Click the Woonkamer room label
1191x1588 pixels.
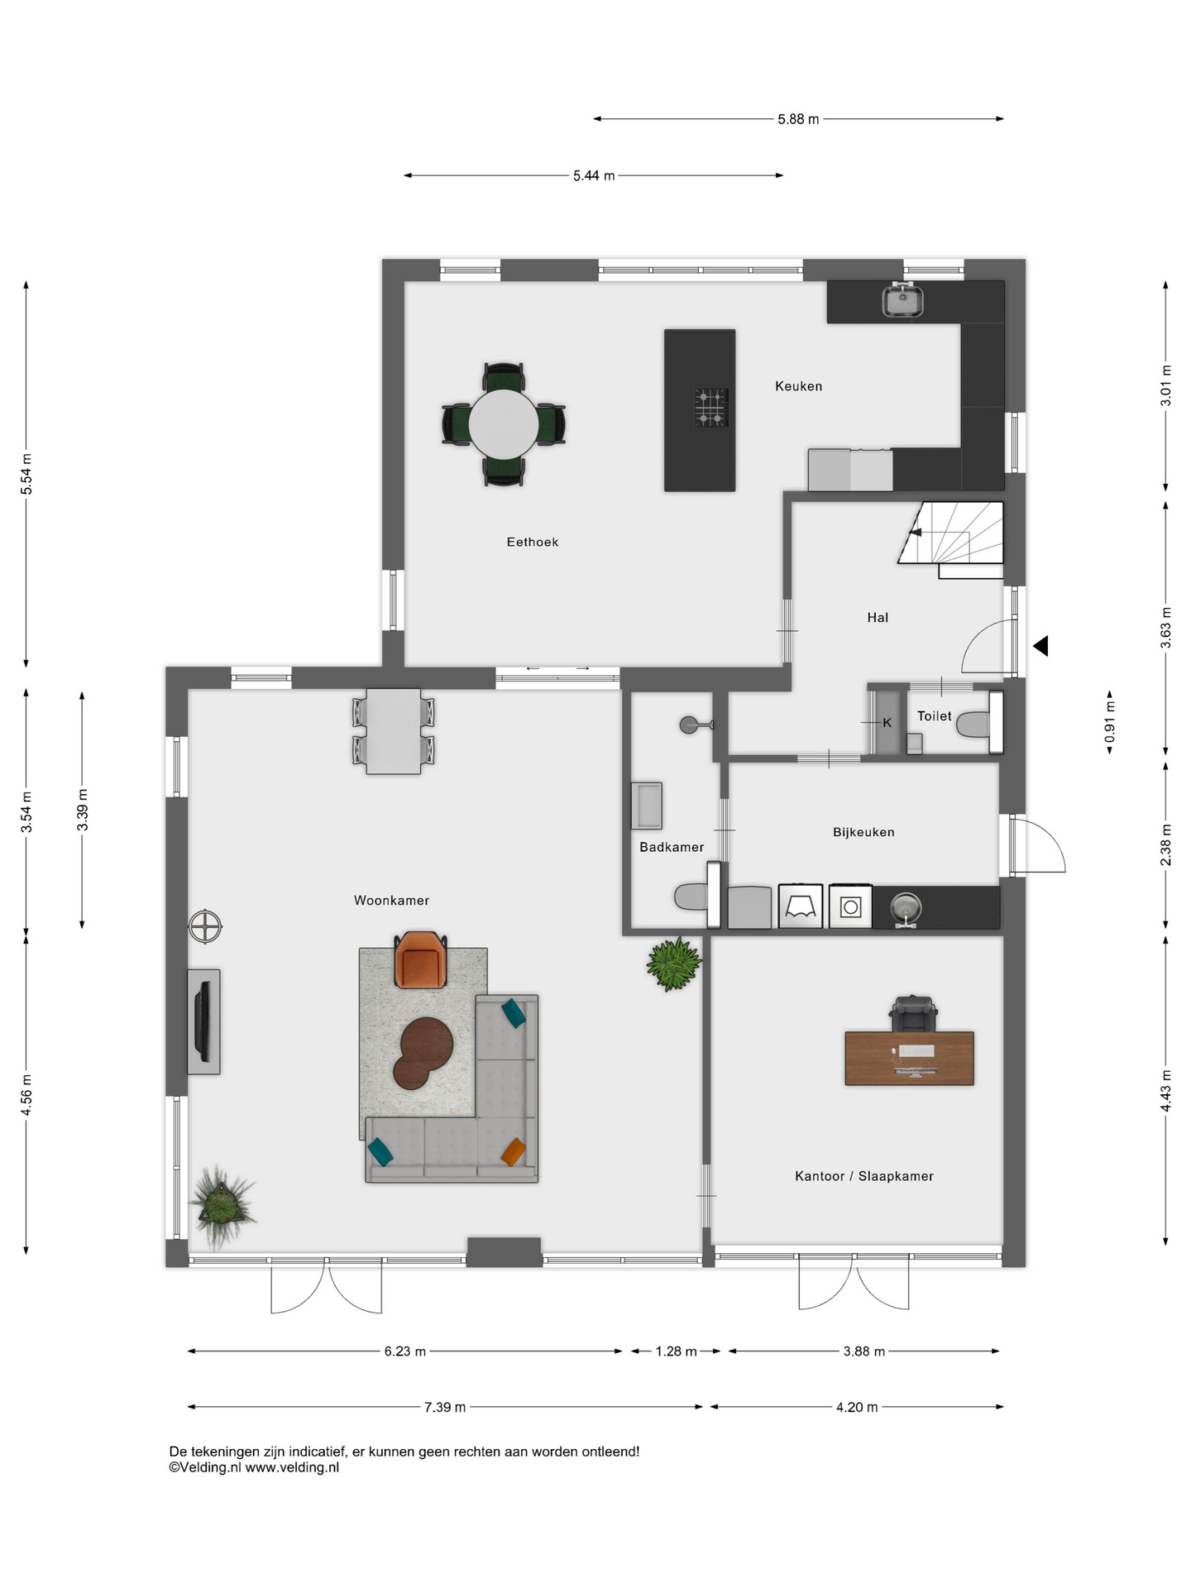391,901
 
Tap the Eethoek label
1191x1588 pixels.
533,542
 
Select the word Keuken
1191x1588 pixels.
798,385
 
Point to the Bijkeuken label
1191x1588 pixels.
863,832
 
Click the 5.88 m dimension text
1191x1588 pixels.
798,119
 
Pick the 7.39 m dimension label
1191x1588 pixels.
445,1407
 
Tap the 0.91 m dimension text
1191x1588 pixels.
1110,721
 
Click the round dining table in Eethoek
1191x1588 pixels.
504,423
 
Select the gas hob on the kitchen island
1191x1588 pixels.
711,407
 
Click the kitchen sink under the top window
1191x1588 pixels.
902,299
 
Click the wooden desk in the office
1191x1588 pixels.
909,1058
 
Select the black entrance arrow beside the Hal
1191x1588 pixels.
1040,646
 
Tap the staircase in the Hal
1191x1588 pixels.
952,538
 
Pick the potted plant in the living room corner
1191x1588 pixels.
221,1207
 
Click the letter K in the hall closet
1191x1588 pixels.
887,723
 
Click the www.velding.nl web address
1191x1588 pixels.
292,1468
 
